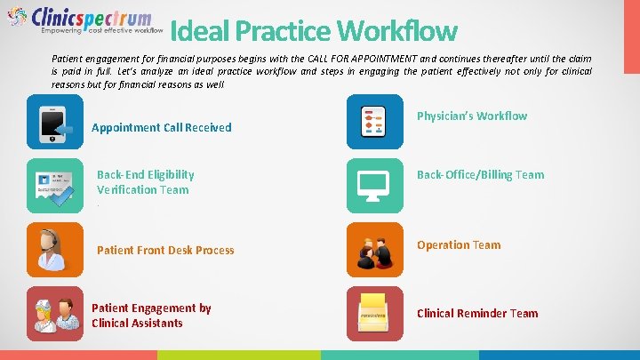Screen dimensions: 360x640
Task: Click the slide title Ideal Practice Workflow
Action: coord(313,32)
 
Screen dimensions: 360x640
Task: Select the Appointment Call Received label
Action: coord(162,127)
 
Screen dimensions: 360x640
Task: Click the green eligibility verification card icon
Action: coord(55,185)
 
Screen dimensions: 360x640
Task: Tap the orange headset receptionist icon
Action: coord(55,250)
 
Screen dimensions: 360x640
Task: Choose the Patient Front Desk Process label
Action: coord(165,250)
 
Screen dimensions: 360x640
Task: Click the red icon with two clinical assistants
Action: coord(55,314)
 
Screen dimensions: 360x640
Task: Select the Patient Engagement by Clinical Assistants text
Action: coord(151,316)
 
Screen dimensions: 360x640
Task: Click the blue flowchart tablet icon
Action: coord(373,123)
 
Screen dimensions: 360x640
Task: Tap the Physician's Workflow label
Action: coord(472,116)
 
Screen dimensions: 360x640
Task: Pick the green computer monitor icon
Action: coord(373,185)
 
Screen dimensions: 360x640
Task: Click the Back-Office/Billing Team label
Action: coord(480,174)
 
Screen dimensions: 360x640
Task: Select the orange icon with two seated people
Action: coord(373,250)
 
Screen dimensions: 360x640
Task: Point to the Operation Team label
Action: coord(459,244)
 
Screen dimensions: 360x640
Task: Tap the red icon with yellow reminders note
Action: coord(373,314)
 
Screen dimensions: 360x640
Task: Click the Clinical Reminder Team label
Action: coord(477,313)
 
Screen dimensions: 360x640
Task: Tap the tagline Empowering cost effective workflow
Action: coord(102,29)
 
